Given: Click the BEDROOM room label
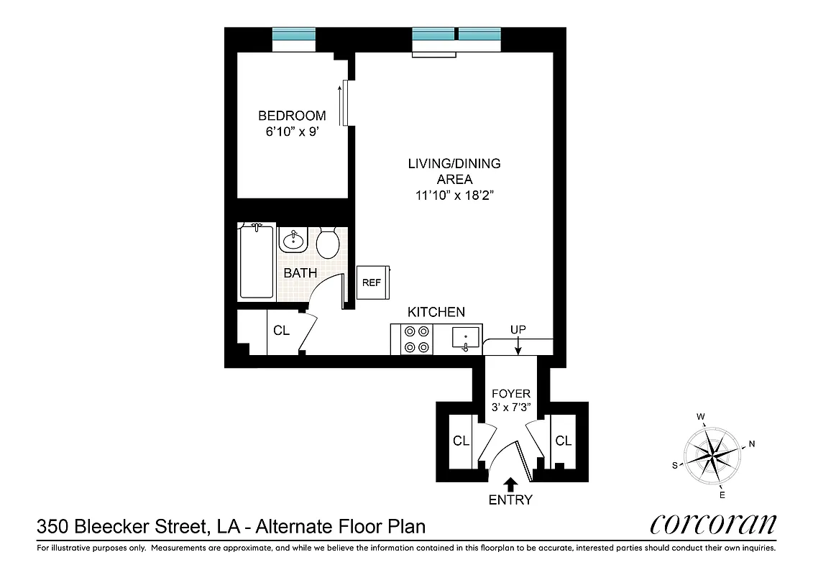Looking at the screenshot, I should click(x=292, y=116).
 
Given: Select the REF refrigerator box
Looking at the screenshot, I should click(x=372, y=282).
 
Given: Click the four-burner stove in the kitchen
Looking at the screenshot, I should click(x=417, y=339).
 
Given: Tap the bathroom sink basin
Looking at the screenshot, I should click(x=293, y=239).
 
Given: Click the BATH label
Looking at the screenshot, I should click(x=300, y=273).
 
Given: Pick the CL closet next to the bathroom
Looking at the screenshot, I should click(x=281, y=331).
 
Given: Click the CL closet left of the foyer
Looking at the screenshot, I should click(x=461, y=441).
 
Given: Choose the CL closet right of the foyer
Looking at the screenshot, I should click(x=563, y=441).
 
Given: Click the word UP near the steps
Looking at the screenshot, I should click(x=518, y=329).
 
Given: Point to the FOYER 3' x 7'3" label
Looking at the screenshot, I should click(x=510, y=400).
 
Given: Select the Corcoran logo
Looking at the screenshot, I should click(x=713, y=524).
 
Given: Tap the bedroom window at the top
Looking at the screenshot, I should click(x=294, y=34).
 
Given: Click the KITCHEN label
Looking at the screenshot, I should click(x=436, y=312).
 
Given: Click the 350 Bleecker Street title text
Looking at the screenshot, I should click(x=231, y=526).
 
